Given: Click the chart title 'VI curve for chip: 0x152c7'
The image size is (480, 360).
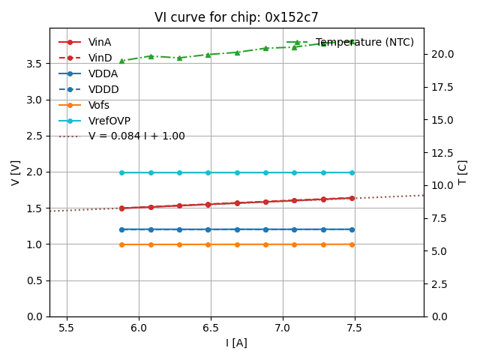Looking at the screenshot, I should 236,17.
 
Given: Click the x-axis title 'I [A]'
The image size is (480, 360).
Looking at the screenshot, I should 236,343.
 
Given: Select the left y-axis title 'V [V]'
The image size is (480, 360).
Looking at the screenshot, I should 16,172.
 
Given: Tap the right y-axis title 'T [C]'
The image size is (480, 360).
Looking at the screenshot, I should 462,172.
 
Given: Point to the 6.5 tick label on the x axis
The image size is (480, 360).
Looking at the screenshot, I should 211,328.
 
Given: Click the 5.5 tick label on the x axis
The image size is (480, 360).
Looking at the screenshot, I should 67,328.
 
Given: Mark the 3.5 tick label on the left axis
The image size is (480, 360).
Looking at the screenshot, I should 34,63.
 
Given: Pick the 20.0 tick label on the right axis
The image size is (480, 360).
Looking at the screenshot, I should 441,54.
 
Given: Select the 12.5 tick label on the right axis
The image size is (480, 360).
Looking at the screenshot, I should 441,152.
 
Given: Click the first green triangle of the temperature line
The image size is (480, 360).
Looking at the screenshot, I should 121,61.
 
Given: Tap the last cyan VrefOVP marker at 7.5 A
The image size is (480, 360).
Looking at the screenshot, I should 352,172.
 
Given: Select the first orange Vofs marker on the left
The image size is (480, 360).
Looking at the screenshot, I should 121,244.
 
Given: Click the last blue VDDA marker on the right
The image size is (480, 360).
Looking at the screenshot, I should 352,229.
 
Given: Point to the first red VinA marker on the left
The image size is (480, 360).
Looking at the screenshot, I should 121,208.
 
